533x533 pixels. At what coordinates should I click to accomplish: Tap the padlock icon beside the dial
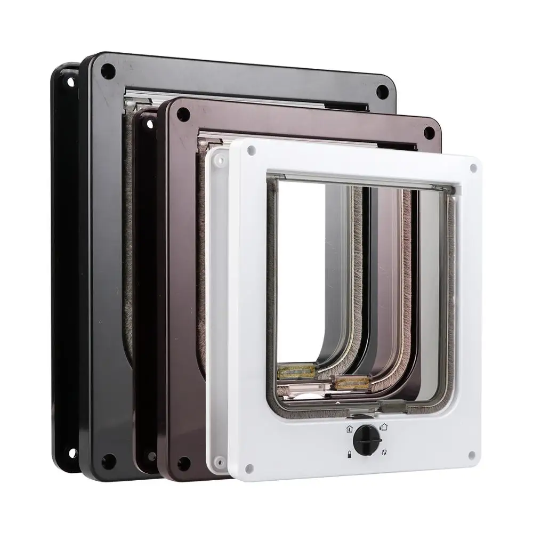[x=349, y=453]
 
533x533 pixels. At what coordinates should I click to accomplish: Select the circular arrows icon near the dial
[x=384, y=453]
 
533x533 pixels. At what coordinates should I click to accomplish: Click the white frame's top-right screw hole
[x=473, y=168]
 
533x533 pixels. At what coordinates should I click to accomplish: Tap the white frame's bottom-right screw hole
[x=471, y=455]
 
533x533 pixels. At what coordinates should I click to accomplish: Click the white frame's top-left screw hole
[x=251, y=151]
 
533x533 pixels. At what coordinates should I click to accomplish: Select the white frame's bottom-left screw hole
[x=249, y=469]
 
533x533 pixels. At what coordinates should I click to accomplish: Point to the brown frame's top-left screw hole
[x=183, y=114]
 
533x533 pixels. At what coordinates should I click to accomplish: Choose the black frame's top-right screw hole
[x=382, y=91]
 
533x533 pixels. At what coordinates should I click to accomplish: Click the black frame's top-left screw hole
[x=108, y=71]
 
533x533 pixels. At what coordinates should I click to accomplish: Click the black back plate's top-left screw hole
[x=70, y=82]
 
